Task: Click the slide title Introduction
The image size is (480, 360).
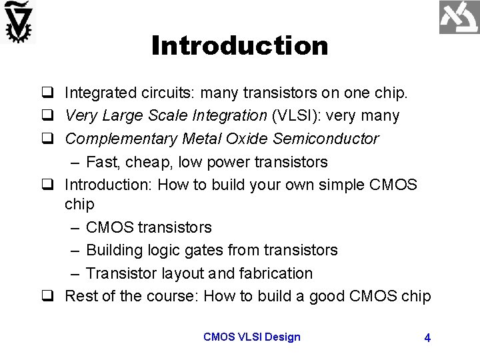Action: pos(239,46)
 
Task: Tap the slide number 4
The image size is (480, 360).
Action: pos(427,338)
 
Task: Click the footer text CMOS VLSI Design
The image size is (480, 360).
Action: pos(252,337)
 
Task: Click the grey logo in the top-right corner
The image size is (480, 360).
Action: pos(459,18)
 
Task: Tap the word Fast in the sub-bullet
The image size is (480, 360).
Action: pos(101,162)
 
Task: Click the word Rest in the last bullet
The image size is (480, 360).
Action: pos(80,296)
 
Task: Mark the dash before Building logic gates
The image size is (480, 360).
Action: pos(73,250)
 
